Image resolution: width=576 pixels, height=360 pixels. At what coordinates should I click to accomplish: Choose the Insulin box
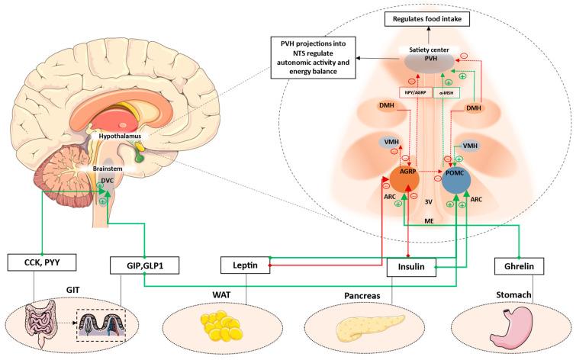(410, 267)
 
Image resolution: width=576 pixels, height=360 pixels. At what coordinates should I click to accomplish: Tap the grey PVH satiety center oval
(430, 63)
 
